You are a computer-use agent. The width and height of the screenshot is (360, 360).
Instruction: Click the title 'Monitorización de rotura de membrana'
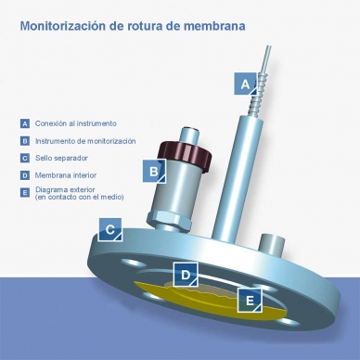coord(133,26)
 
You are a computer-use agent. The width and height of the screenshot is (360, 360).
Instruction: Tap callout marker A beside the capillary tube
coord(245,84)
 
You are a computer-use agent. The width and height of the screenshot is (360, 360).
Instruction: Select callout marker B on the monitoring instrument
coord(153,171)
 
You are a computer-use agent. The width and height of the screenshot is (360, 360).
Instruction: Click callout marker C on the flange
coord(109,229)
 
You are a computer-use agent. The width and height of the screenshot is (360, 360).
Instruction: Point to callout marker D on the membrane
coord(186,275)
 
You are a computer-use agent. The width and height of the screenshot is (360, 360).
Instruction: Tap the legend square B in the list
coord(24,141)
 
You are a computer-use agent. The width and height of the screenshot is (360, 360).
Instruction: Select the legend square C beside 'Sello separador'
coord(24,158)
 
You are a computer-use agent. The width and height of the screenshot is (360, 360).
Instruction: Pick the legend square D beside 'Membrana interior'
coord(24,174)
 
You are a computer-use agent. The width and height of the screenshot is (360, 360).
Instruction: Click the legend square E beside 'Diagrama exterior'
coord(24,191)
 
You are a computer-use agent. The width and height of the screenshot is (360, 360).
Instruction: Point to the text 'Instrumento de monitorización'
coord(85,141)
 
